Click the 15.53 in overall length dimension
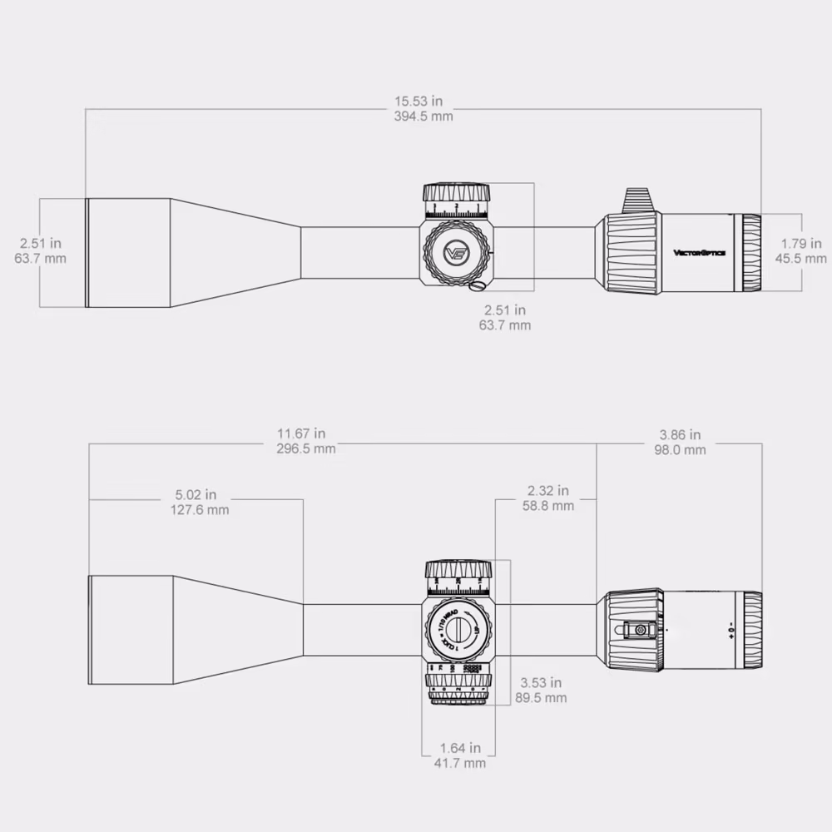click(x=423, y=102)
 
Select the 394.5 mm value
click(x=423, y=116)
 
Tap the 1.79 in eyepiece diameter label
click(x=804, y=244)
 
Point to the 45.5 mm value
click(x=804, y=259)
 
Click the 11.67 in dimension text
click(x=306, y=433)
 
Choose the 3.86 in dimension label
click(x=680, y=434)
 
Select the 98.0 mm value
click(x=680, y=449)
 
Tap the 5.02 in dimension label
click(x=195, y=494)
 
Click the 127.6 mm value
click(x=195, y=509)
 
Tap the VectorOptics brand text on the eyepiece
click(x=699, y=253)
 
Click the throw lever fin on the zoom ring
click(x=637, y=200)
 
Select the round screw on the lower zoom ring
click(x=640, y=631)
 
